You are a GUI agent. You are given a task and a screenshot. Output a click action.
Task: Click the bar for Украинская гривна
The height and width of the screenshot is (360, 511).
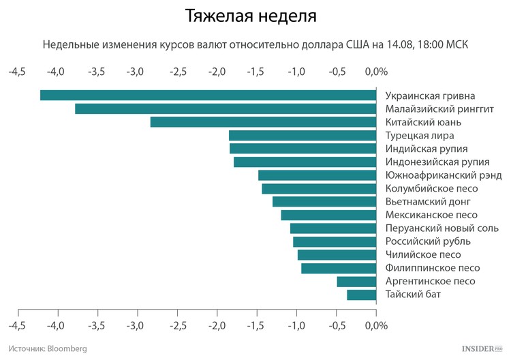pyautogui.click(x=208, y=95)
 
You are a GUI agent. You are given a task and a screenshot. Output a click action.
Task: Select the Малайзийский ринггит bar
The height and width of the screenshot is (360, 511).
pyautogui.click(x=226, y=108)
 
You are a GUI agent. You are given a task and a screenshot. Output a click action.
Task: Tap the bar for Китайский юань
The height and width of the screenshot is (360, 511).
pyautogui.click(x=263, y=122)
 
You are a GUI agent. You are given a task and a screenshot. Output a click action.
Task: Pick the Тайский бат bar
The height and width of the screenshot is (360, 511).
pyautogui.click(x=361, y=295)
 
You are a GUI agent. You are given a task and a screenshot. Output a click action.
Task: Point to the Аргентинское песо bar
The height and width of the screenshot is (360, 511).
pyautogui.click(x=356, y=282)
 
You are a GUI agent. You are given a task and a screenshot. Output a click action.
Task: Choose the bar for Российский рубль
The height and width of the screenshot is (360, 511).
pyautogui.click(x=335, y=241)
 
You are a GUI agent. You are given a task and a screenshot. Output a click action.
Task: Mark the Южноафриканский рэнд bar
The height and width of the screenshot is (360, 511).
pyautogui.click(x=317, y=175)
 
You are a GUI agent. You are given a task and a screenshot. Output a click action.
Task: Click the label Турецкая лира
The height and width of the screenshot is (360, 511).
pyautogui.click(x=420, y=135)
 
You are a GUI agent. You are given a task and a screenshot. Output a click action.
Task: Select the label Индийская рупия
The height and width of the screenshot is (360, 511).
pyautogui.click(x=427, y=149)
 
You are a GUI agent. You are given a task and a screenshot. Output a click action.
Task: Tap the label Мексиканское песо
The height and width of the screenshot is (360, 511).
pyautogui.click(x=431, y=215)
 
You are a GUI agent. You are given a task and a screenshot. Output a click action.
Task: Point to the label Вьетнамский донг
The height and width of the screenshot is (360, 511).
pyautogui.click(x=428, y=202)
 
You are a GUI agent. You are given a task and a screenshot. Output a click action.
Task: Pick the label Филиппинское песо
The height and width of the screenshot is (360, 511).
pyautogui.click(x=433, y=268)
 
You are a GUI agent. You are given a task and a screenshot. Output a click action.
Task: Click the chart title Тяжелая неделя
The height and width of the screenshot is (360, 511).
pyautogui.click(x=251, y=15)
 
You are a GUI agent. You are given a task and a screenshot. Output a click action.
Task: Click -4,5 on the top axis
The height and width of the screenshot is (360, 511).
pyautogui.click(x=17, y=72)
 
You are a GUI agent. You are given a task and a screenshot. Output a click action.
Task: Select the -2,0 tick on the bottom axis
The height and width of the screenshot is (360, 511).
pyautogui.click(x=217, y=325)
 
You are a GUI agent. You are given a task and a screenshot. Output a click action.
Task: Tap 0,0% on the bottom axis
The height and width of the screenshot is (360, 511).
pyautogui.click(x=376, y=325)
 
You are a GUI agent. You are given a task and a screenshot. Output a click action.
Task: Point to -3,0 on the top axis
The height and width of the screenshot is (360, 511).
pyautogui.click(x=136, y=72)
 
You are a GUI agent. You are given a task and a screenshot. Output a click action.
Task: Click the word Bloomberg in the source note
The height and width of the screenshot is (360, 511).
pyautogui.click(x=67, y=348)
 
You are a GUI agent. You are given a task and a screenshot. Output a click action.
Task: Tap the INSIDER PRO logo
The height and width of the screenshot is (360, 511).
pyautogui.click(x=482, y=348)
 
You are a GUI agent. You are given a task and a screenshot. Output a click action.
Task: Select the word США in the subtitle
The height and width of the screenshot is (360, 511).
pyautogui.click(x=357, y=44)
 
